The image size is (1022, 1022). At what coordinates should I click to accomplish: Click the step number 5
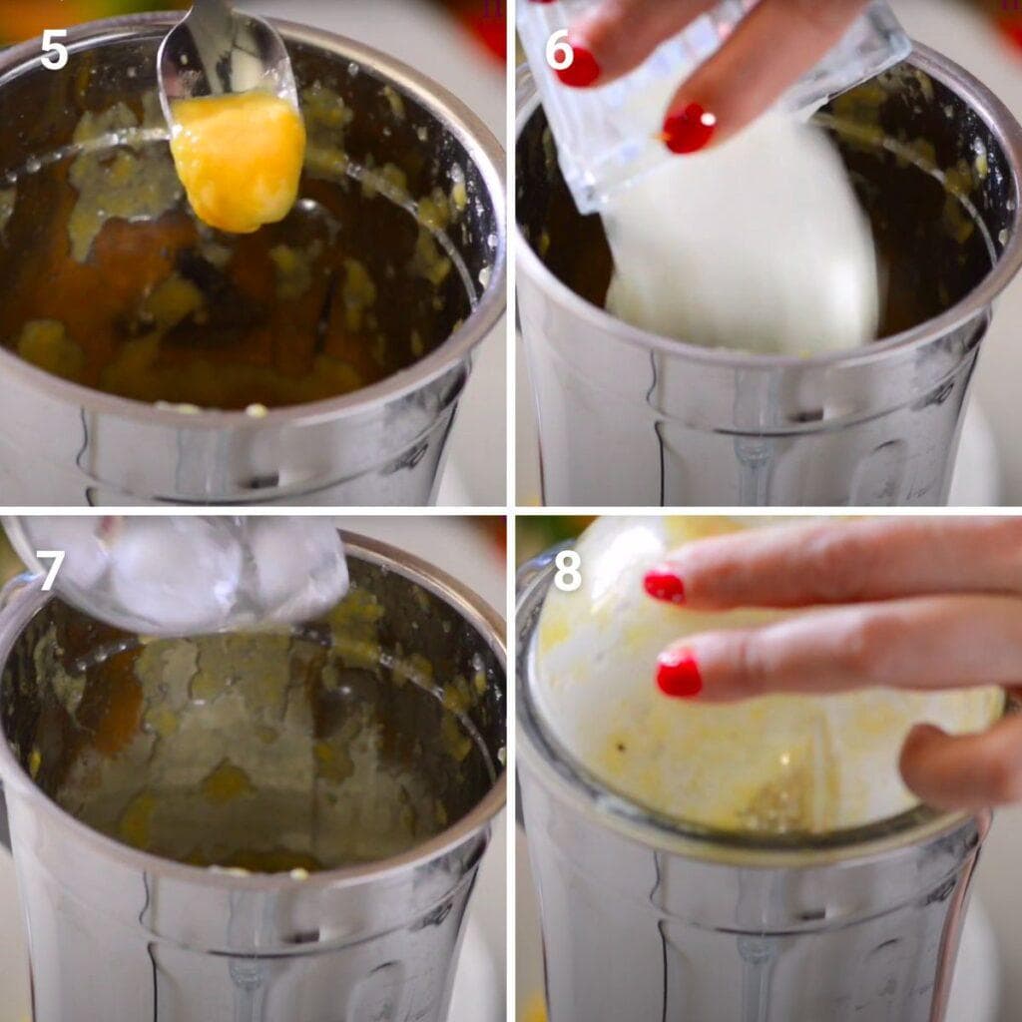click(x=54, y=51)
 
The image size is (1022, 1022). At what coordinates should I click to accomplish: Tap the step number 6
click(x=560, y=51)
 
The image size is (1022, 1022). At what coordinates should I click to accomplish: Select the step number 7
click(x=52, y=570)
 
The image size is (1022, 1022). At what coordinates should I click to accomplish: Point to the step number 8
click(x=567, y=570)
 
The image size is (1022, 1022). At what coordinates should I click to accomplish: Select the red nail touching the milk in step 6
click(x=689, y=129)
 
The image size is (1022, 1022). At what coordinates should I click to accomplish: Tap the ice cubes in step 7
click(x=200, y=574)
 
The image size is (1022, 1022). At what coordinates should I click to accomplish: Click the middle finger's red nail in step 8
click(x=665, y=586)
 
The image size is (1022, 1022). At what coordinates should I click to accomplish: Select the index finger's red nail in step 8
click(x=679, y=674)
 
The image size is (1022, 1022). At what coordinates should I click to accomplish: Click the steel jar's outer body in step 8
click(x=759, y=928)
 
